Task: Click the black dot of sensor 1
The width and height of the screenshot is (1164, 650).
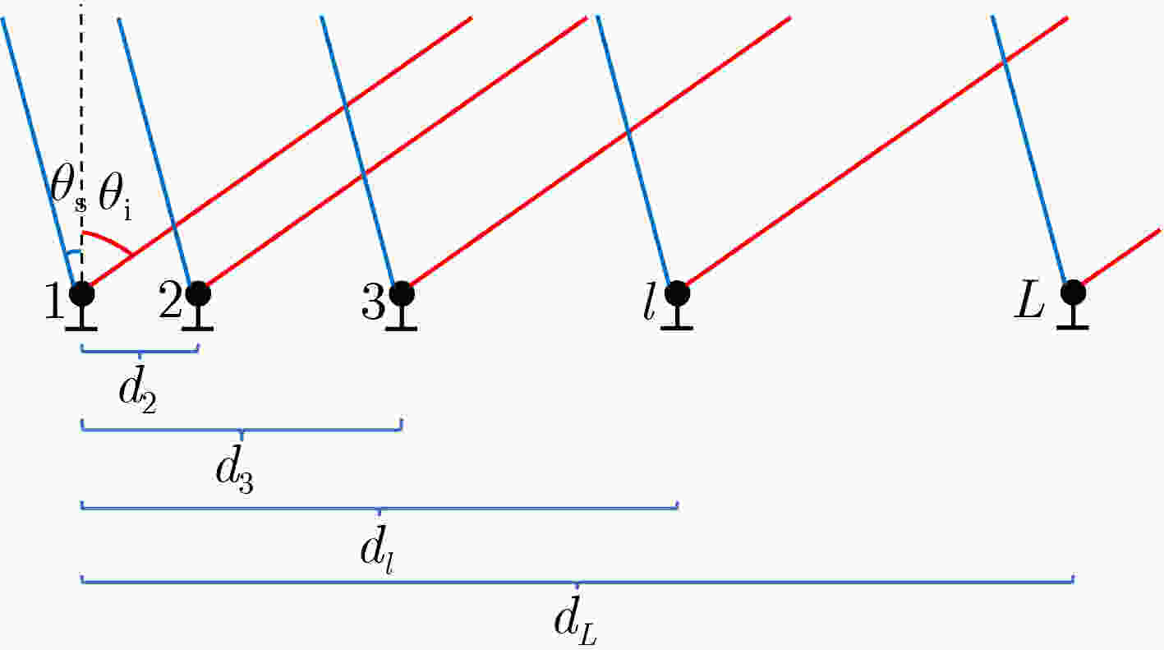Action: tap(82, 294)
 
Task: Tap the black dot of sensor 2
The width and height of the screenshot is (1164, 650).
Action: tap(198, 294)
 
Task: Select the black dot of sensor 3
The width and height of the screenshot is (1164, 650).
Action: tap(402, 294)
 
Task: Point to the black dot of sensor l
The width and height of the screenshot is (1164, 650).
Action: tap(677, 294)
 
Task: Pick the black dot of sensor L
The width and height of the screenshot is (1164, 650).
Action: tap(1073, 293)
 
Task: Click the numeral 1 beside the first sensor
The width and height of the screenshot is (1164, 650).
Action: tap(54, 301)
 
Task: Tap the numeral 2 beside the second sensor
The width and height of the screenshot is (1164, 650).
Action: tap(170, 299)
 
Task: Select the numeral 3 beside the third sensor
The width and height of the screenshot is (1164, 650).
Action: tap(373, 301)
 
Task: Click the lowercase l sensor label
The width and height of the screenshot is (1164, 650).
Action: tap(648, 302)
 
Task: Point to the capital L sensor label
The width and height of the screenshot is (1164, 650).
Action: tap(1029, 301)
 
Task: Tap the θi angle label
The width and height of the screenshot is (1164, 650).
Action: tap(115, 198)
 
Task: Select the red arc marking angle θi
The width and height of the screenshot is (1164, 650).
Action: tap(109, 239)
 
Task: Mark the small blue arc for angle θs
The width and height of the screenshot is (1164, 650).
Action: tap(73, 253)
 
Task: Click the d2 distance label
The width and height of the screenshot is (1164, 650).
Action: tap(138, 393)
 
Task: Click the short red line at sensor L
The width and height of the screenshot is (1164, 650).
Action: tap(1121, 256)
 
